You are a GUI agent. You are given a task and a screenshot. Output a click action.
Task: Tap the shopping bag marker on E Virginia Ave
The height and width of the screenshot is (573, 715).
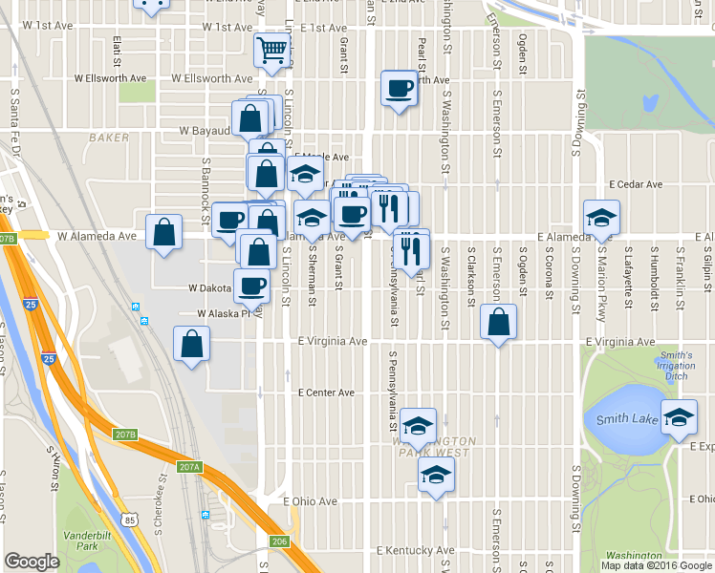tap(498, 322)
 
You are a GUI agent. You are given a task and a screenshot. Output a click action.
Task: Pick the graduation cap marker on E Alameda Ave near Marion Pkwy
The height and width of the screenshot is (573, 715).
tap(600, 218)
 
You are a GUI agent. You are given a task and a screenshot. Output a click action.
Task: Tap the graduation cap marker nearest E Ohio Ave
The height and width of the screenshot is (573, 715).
tap(436, 475)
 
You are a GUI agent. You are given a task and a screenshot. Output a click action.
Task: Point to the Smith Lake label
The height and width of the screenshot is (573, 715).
tap(626, 419)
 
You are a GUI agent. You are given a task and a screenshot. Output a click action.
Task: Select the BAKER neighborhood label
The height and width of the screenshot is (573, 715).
tap(108, 138)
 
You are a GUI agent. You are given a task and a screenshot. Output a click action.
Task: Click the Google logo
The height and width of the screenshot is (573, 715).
tap(32, 562)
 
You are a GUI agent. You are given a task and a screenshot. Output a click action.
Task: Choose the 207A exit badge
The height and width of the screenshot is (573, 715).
tap(189, 467)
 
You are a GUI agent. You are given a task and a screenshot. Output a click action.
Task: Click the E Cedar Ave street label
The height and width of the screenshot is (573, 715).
tap(636, 184)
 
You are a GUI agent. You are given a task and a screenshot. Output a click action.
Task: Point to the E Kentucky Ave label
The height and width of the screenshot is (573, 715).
tap(415, 551)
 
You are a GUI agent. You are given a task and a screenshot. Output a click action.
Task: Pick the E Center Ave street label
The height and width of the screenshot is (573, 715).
tap(326, 393)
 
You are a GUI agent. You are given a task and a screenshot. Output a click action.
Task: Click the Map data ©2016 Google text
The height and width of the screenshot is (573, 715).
tap(657, 565)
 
